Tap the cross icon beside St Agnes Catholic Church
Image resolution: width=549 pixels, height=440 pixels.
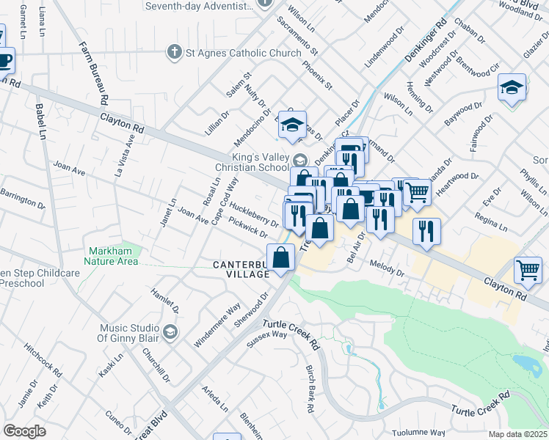coord(174,52)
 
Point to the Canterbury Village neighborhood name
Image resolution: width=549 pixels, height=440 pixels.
coord(241,269)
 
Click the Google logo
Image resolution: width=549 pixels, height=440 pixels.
coord(24,431)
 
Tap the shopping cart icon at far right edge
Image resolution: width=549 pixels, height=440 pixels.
coord(528,269)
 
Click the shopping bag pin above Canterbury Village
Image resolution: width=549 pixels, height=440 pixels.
coord(281,257)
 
